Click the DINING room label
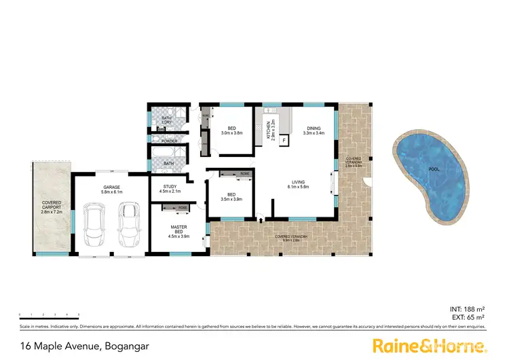[x=313, y=128]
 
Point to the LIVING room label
[x=298, y=182]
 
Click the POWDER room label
[x=169, y=141]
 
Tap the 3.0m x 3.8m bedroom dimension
[x=231, y=132]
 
